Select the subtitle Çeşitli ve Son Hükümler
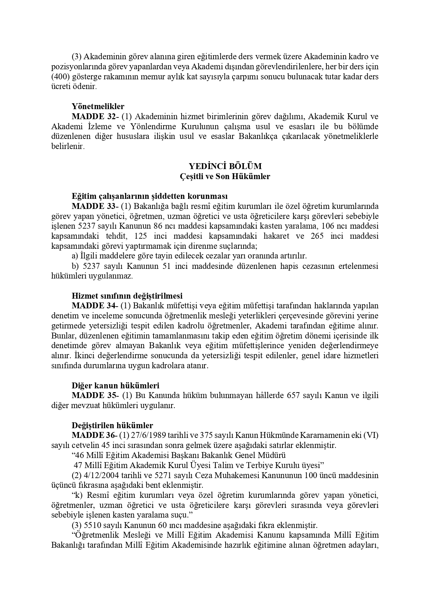click(x=225, y=176)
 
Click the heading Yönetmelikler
click(x=98, y=106)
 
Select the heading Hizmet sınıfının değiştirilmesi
click(x=127, y=296)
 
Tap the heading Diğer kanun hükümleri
click(x=115, y=385)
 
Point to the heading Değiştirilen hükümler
click(x=112, y=425)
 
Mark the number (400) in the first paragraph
click(x=60, y=76)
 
